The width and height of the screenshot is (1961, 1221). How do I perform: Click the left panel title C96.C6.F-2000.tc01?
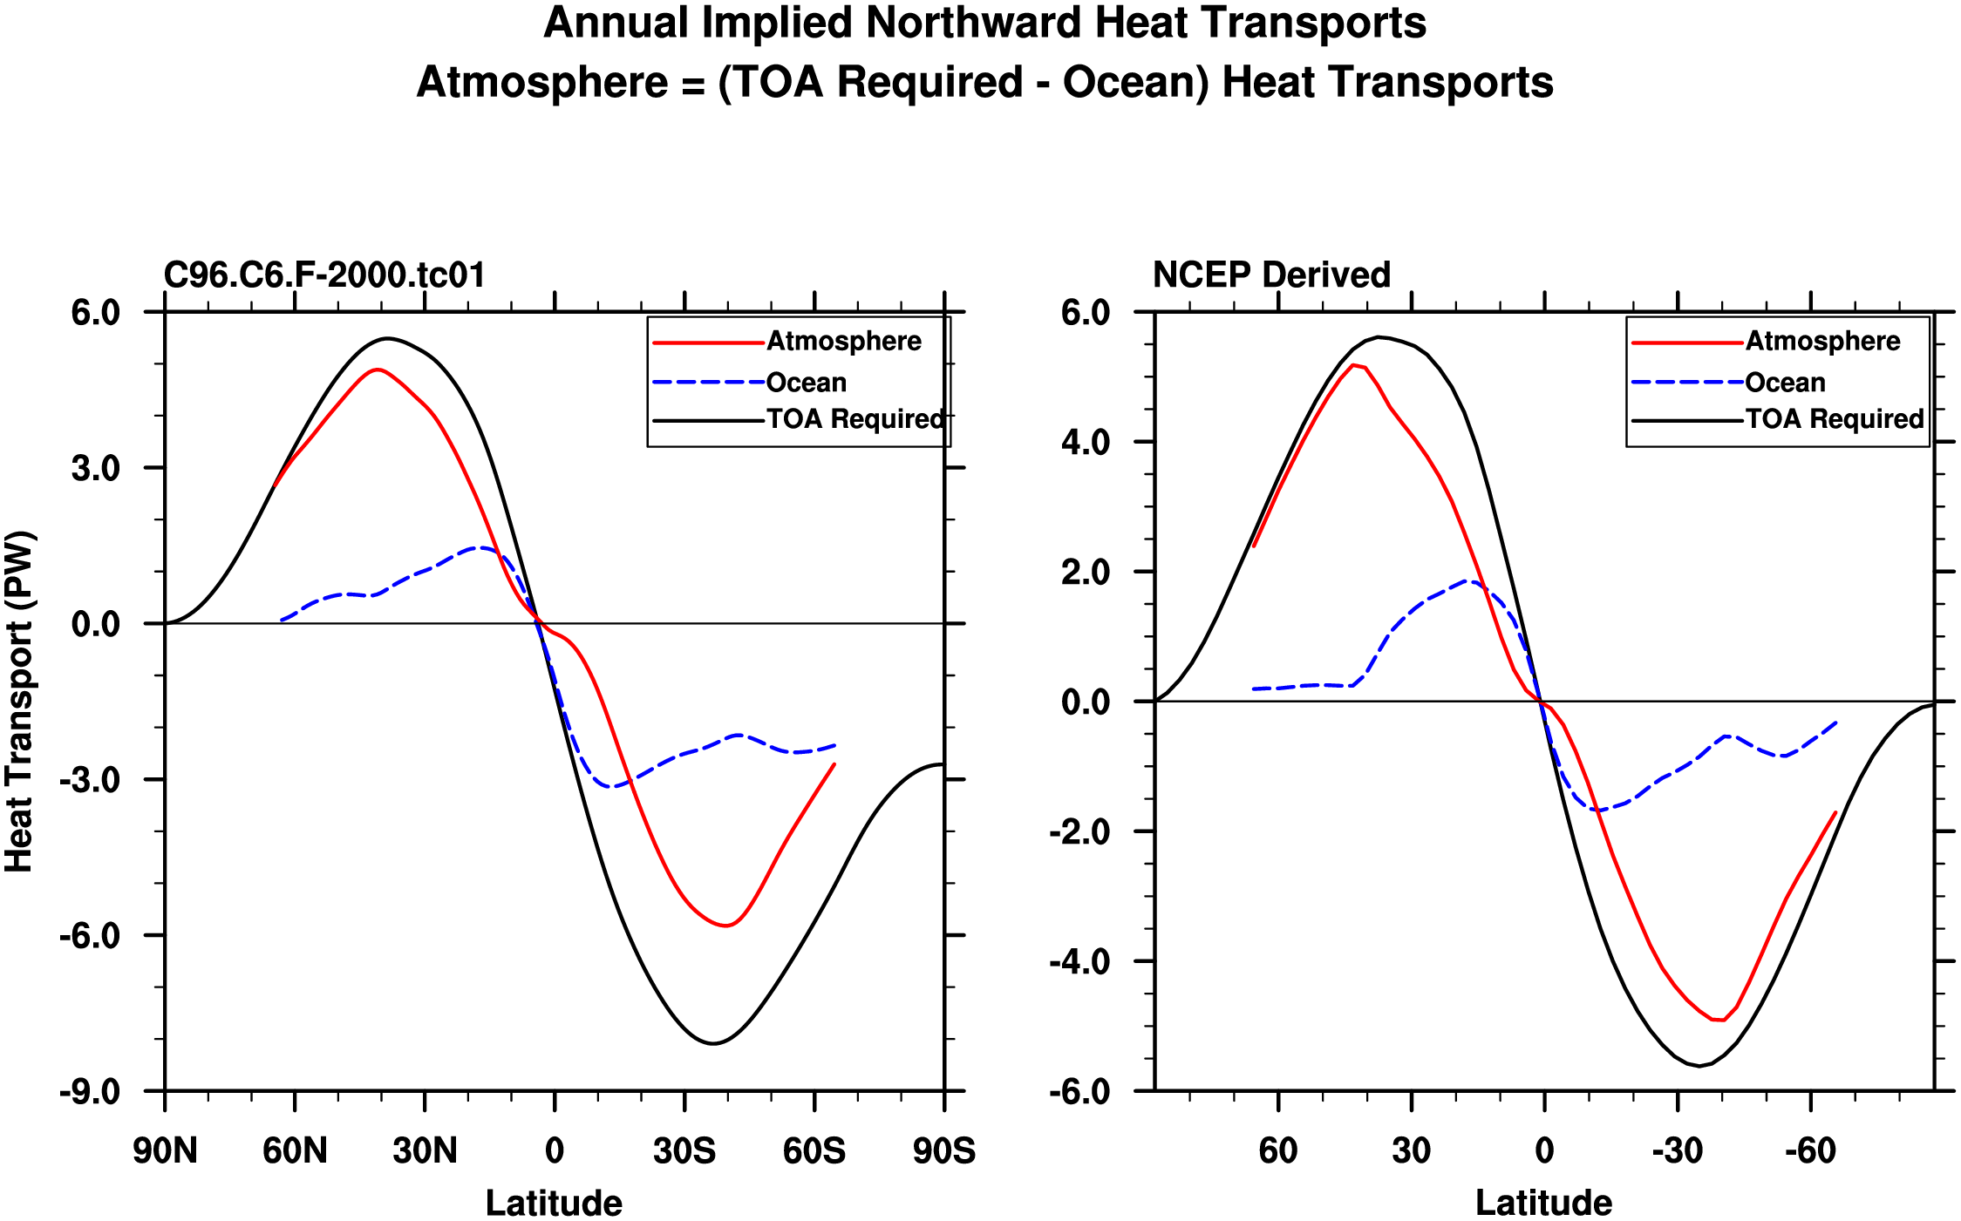pyautogui.click(x=324, y=275)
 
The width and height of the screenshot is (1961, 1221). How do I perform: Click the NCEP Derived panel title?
pyautogui.click(x=1271, y=275)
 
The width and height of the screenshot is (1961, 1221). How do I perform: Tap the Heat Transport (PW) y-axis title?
pyautogui.click(x=19, y=702)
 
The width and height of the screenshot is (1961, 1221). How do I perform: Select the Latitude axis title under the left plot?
pyautogui.click(x=554, y=1204)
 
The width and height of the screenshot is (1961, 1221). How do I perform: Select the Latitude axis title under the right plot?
pyautogui.click(x=1543, y=1204)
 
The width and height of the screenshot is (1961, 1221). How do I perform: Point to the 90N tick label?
pyautogui.click(x=165, y=1151)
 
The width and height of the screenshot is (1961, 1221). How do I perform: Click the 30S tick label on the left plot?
pyautogui.click(x=684, y=1151)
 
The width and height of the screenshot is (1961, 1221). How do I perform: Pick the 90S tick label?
pyautogui.click(x=944, y=1151)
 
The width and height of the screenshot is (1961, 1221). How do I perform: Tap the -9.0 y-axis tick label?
pyautogui.click(x=90, y=1091)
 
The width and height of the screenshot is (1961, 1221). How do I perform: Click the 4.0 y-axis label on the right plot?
pyautogui.click(x=1086, y=442)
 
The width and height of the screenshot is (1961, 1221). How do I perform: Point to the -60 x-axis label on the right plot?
pyautogui.click(x=1810, y=1151)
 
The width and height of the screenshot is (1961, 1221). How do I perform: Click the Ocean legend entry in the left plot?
pyautogui.click(x=806, y=383)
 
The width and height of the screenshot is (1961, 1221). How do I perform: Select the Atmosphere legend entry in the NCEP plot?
pyautogui.click(x=1822, y=341)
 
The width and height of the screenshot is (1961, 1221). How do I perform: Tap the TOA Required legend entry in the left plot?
pyautogui.click(x=855, y=419)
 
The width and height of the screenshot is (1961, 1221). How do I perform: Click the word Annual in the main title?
pyautogui.click(x=616, y=24)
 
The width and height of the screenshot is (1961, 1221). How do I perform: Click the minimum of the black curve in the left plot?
pyautogui.click(x=714, y=1043)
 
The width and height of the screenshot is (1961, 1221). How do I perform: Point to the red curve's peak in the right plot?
pyautogui.click(x=1353, y=364)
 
